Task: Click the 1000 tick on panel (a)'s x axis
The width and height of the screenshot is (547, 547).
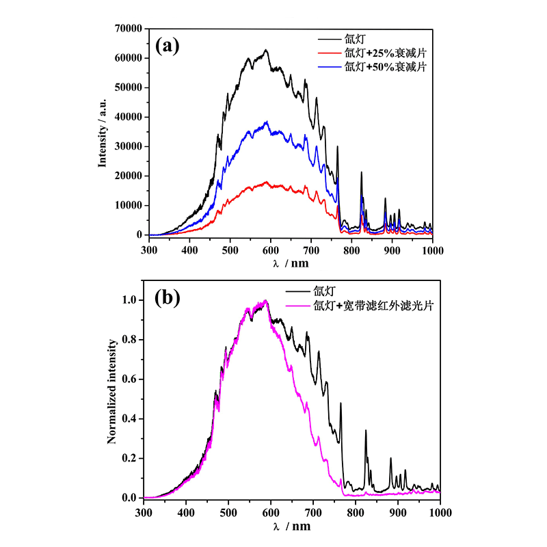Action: pos(432,250)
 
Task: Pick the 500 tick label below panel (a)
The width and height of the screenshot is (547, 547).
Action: pos(230,250)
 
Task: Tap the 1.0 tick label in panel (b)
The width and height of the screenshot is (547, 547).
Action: pos(131,300)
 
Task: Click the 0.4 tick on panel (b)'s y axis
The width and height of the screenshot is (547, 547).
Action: pos(131,419)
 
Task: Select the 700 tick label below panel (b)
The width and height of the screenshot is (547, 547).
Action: pos(313,511)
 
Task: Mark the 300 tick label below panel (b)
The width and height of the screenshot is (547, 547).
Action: pos(144,511)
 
